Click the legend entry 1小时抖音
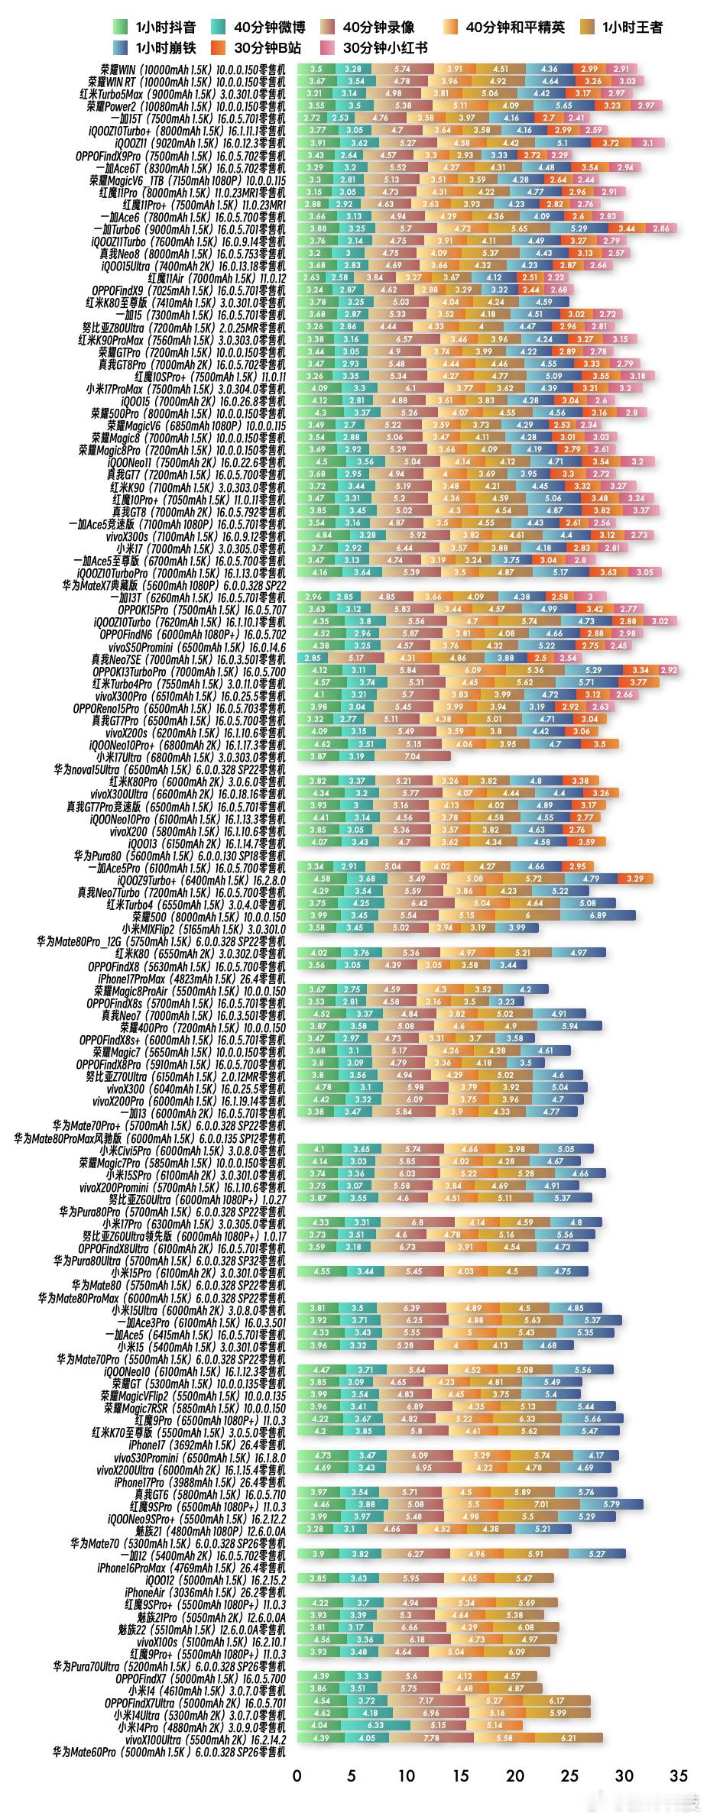point(153,28)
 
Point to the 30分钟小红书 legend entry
point(373,47)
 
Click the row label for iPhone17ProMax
point(191,978)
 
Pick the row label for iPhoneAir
point(205,1591)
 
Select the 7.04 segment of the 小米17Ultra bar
point(412,756)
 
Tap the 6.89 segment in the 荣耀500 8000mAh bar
point(598,915)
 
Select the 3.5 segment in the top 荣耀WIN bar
point(316,69)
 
